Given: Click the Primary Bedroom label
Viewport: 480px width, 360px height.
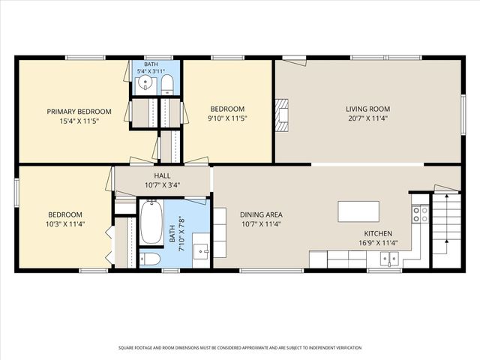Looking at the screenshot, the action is pos(79,112).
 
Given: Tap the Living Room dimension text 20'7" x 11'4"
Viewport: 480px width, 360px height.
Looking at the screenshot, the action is pos(368,118).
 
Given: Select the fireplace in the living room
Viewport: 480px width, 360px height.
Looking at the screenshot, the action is pos(282,115).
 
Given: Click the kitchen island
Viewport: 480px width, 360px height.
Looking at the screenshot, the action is pos(358,211).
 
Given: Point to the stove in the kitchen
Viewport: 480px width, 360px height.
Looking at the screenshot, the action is pos(420,214).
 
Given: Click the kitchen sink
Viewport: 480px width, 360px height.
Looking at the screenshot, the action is pos(389,258).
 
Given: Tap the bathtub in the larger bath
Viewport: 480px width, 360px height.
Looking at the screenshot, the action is pos(151,222).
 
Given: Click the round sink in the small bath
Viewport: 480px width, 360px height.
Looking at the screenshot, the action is pos(145,82).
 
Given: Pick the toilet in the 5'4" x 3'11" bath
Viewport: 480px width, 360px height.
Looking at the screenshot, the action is pos(167,85).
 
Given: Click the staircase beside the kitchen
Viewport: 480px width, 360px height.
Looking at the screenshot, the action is pos(446,230).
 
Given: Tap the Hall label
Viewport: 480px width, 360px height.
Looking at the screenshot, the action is pos(162,175).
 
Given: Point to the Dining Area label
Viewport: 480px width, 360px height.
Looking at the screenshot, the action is pos(261,214).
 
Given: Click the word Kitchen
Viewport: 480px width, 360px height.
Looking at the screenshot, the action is pos(378,233).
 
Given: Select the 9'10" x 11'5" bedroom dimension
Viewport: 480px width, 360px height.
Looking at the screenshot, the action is pos(227,118).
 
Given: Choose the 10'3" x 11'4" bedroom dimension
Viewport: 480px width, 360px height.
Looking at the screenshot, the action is pos(65,224).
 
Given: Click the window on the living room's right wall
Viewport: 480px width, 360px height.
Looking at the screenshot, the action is pos(463,114).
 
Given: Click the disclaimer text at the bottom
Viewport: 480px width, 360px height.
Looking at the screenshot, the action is pos(240,348).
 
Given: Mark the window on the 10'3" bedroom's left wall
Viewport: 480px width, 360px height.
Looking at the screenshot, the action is pos(16,193).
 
